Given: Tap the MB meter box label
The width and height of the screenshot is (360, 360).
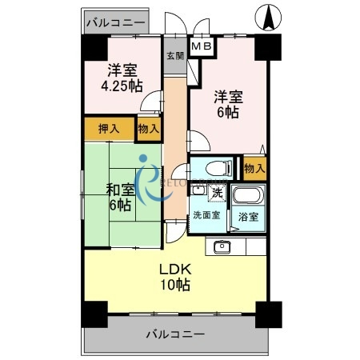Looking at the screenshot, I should tap(202, 48).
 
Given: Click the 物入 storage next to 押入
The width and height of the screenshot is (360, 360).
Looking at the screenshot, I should tap(147, 128).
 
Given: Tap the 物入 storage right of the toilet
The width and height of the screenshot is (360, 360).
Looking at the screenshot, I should tap(254, 168).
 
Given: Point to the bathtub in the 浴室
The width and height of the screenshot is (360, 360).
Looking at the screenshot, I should tap(247, 196).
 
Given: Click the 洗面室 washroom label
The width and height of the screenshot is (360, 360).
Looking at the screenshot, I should tap(206, 216).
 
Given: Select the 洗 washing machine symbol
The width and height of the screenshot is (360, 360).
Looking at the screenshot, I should tap(217, 194).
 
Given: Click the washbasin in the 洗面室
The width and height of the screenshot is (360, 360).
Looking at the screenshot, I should tap(198, 190).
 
